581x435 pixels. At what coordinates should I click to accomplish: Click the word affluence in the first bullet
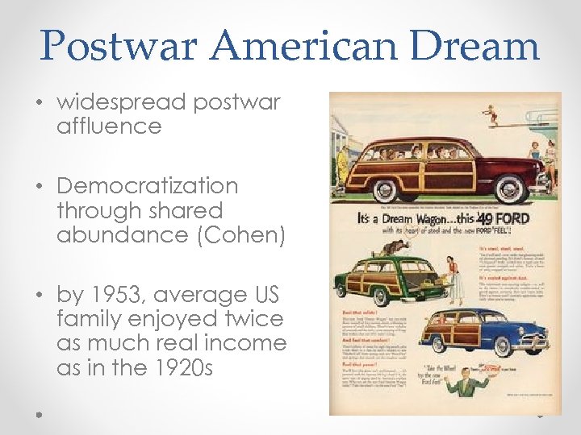coord(109,126)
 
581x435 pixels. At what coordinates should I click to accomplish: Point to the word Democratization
coord(148,186)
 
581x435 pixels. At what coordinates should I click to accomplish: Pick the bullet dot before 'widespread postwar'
coord(40,103)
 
